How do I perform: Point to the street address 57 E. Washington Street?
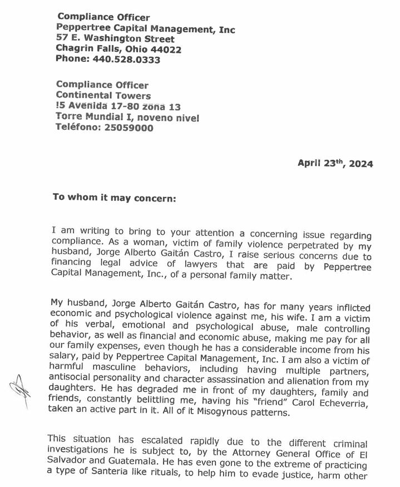tap(115, 39)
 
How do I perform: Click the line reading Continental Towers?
tap(103, 96)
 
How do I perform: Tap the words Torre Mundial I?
tap(93, 117)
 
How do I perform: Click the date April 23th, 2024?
tap(335, 164)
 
